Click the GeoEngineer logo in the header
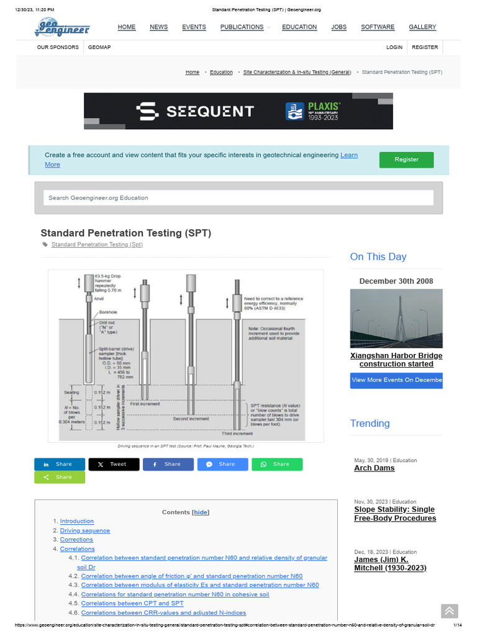pyautogui.click(x=62, y=27)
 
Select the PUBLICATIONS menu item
pyautogui.click(x=242, y=27)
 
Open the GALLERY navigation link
pyautogui.click(x=422, y=27)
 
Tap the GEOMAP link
pyautogui.click(x=99, y=47)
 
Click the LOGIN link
pyautogui.click(x=394, y=47)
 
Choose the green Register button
pyautogui.click(x=406, y=160)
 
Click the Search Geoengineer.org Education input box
pyautogui.click(x=238, y=198)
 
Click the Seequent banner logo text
pyautogui.click(x=196, y=111)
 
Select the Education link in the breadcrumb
pyautogui.click(x=221, y=73)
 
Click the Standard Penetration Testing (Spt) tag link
pyautogui.click(x=97, y=245)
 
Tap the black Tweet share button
pyautogui.click(x=114, y=464)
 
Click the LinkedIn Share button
pyautogui.click(x=59, y=464)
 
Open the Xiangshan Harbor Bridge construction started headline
pyautogui.click(x=396, y=360)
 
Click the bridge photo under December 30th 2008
pyautogui.click(x=396, y=319)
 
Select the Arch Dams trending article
pyautogui.click(x=375, y=468)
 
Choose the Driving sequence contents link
pyautogui.click(x=85, y=530)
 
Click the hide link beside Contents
pyautogui.click(x=201, y=512)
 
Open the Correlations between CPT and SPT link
pyautogui.click(x=132, y=603)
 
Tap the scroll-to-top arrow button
pyautogui.click(x=450, y=611)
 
